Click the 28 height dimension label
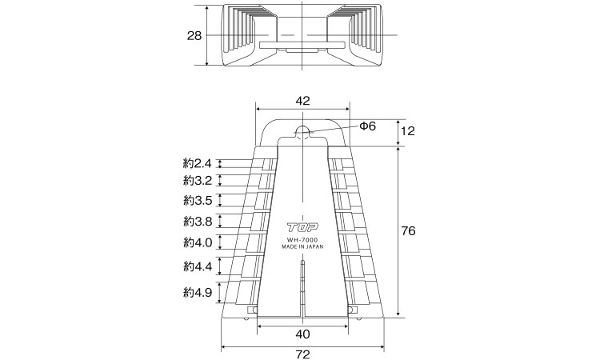(x=194, y=35)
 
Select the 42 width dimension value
(x=302, y=100)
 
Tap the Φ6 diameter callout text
(x=368, y=126)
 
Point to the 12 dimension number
(x=408, y=131)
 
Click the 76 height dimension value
(x=408, y=231)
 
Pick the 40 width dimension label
(x=302, y=334)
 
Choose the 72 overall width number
(x=302, y=354)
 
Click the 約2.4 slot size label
(x=198, y=164)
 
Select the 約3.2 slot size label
(x=198, y=180)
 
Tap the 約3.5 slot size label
(x=198, y=200)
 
